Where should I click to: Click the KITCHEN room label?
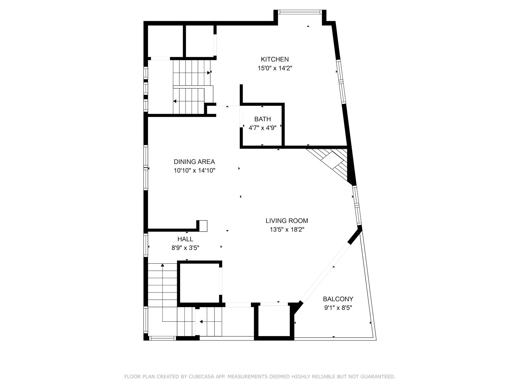click(x=275, y=59)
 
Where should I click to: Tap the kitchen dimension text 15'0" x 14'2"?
click(x=275, y=68)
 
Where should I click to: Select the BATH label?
click(x=262, y=119)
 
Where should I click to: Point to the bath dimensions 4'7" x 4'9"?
click(x=262, y=128)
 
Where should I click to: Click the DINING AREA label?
click(x=194, y=162)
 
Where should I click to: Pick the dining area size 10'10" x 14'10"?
click(x=194, y=171)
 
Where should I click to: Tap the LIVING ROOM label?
click(x=287, y=221)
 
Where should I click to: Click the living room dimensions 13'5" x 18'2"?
click(x=287, y=230)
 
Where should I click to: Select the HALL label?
click(x=185, y=239)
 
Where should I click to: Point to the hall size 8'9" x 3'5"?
click(x=185, y=248)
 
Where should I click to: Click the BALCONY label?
click(x=338, y=299)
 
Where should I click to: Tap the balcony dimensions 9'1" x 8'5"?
click(x=338, y=308)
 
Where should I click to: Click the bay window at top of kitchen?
click(x=300, y=12)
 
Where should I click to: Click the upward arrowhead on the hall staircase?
click(x=162, y=265)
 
